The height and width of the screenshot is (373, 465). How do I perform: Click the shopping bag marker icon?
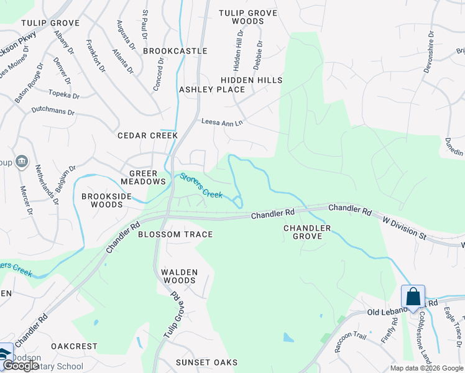413,296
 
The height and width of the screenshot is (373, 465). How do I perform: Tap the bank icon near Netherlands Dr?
22,162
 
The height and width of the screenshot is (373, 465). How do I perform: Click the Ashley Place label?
212,90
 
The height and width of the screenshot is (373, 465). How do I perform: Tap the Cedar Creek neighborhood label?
148,135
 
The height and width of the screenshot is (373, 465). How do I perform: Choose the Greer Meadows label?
147,177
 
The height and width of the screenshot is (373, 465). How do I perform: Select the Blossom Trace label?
175,234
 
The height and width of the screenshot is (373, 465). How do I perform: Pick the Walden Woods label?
179,276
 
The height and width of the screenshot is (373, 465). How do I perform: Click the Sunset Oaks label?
206,362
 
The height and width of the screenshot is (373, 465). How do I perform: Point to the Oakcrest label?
74,346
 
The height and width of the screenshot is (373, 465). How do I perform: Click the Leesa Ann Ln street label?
221,122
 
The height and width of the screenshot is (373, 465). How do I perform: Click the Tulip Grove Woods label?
248,17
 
